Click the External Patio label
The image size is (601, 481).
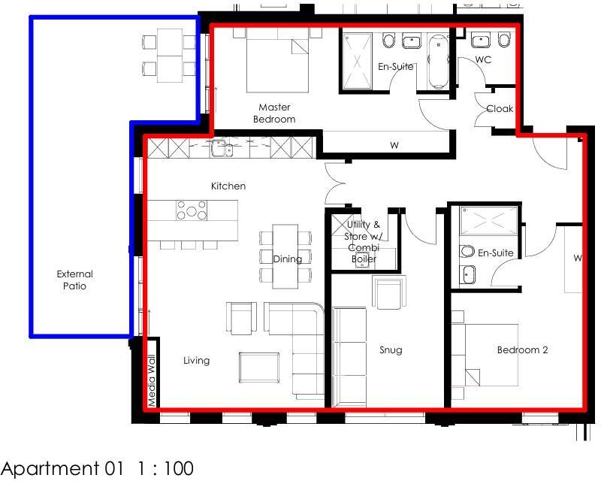[x=74, y=280]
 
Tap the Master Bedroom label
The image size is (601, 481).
[x=274, y=113]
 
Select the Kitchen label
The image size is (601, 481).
[x=228, y=186]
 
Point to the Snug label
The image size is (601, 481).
[x=391, y=349]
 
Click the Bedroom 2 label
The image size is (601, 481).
[x=522, y=349]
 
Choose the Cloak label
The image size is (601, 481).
[x=500, y=109]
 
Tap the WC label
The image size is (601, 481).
[x=483, y=60]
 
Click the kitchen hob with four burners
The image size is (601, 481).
[x=192, y=210]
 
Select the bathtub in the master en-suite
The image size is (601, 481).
[x=438, y=62]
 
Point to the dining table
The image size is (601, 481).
[x=285, y=256]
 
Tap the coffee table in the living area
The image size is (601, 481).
[x=259, y=368]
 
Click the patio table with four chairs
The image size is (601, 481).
[x=170, y=56]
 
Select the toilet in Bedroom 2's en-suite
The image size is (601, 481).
[x=467, y=251]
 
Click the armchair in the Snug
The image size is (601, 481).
[x=389, y=292]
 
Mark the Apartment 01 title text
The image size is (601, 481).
[x=63, y=468]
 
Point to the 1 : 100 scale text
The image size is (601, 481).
[x=165, y=468]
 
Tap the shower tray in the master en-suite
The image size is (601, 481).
[x=358, y=61]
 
